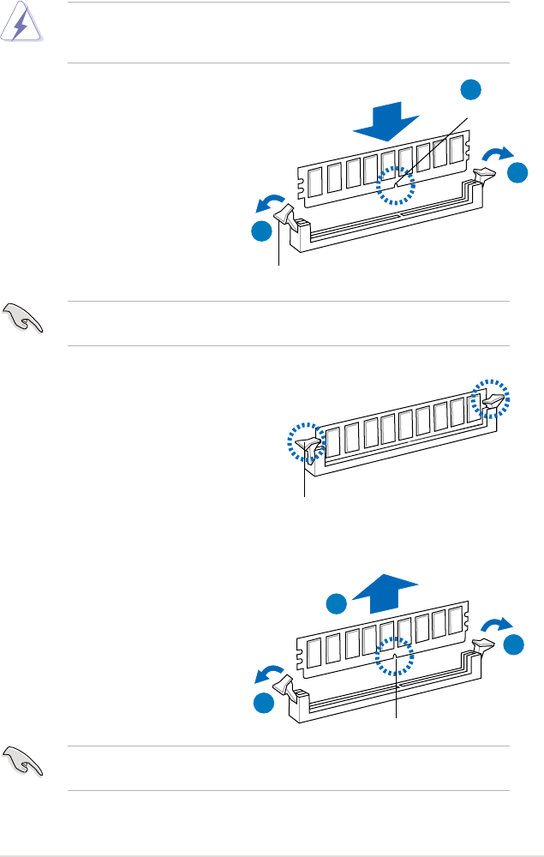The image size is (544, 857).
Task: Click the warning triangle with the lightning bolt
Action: coord(19,27)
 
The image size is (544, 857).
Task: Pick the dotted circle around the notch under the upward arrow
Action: coord(396,659)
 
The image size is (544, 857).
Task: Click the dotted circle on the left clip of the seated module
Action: coord(305,443)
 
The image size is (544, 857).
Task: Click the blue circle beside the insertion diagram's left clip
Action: coord(261,232)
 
